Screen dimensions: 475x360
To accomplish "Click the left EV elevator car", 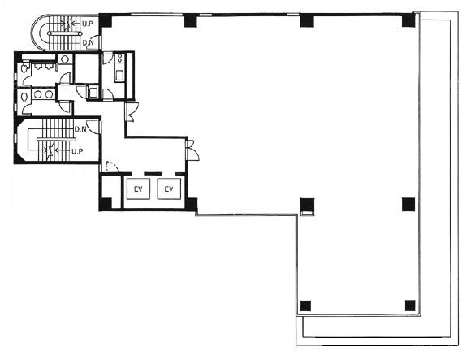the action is (x=138, y=189).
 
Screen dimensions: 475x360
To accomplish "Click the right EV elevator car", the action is (x=169, y=189).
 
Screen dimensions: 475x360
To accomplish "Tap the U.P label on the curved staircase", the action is (x=87, y=24).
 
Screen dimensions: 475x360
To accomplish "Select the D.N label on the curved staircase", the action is (x=88, y=43).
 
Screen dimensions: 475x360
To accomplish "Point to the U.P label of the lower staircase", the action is (x=77, y=151).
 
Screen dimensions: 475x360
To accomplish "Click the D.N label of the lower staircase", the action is (x=80, y=129).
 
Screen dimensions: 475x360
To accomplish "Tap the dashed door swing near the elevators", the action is (x=112, y=167).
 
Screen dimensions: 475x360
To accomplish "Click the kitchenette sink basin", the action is (x=119, y=75).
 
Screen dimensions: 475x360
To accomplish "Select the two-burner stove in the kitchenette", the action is (x=120, y=58).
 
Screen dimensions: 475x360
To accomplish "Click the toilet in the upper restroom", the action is (x=24, y=68).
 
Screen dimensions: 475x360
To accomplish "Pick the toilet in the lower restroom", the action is (x=24, y=97).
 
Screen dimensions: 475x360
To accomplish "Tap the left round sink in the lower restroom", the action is (x=38, y=94).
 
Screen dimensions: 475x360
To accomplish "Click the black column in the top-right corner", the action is (x=408, y=20).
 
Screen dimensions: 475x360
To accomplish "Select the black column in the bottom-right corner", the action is (x=410, y=306).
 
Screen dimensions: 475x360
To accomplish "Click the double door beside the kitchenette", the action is (x=131, y=112).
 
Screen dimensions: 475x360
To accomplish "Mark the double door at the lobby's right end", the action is (x=192, y=150).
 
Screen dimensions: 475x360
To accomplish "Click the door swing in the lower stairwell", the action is (x=93, y=127).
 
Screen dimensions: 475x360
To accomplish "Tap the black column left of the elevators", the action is (x=106, y=203).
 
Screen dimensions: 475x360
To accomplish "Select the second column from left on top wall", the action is (x=191, y=20).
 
